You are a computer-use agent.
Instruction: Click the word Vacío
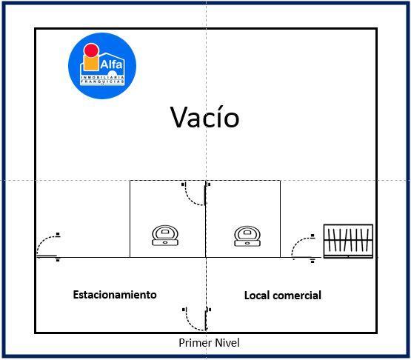(x=204, y=117)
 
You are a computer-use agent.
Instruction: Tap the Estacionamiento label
(x=115, y=295)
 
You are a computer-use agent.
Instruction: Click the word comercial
(x=298, y=296)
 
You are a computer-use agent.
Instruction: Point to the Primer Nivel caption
(x=209, y=343)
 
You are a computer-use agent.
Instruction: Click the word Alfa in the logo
(x=111, y=64)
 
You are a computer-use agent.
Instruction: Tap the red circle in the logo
(x=91, y=50)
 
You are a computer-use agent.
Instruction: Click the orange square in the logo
(x=91, y=62)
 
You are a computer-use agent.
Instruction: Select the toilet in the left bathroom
(x=165, y=236)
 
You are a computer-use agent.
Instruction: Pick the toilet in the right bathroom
(x=247, y=236)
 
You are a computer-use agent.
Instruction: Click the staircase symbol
(x=348, y=241)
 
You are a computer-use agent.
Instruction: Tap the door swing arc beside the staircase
(x=298, y=241)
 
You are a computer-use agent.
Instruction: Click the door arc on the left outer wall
(x=43, y=241)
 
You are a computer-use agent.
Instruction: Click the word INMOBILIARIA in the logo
(x=102, y=77)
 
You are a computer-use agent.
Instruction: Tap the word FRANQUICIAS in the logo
(x=102, y=81)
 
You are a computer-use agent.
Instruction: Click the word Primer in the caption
(x=196, y=343)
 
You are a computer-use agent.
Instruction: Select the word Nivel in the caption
(x=227, y=343)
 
